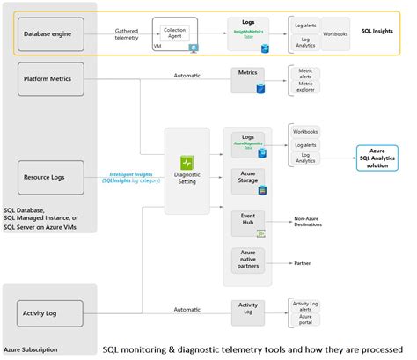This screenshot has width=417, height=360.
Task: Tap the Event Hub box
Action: (247, 221)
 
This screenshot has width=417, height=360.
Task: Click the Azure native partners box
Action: (247, 260)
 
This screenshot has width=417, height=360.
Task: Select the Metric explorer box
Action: (307, 86)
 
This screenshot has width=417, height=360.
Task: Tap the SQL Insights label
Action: (377, 29)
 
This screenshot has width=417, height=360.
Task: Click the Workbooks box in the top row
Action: (334, 33)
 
